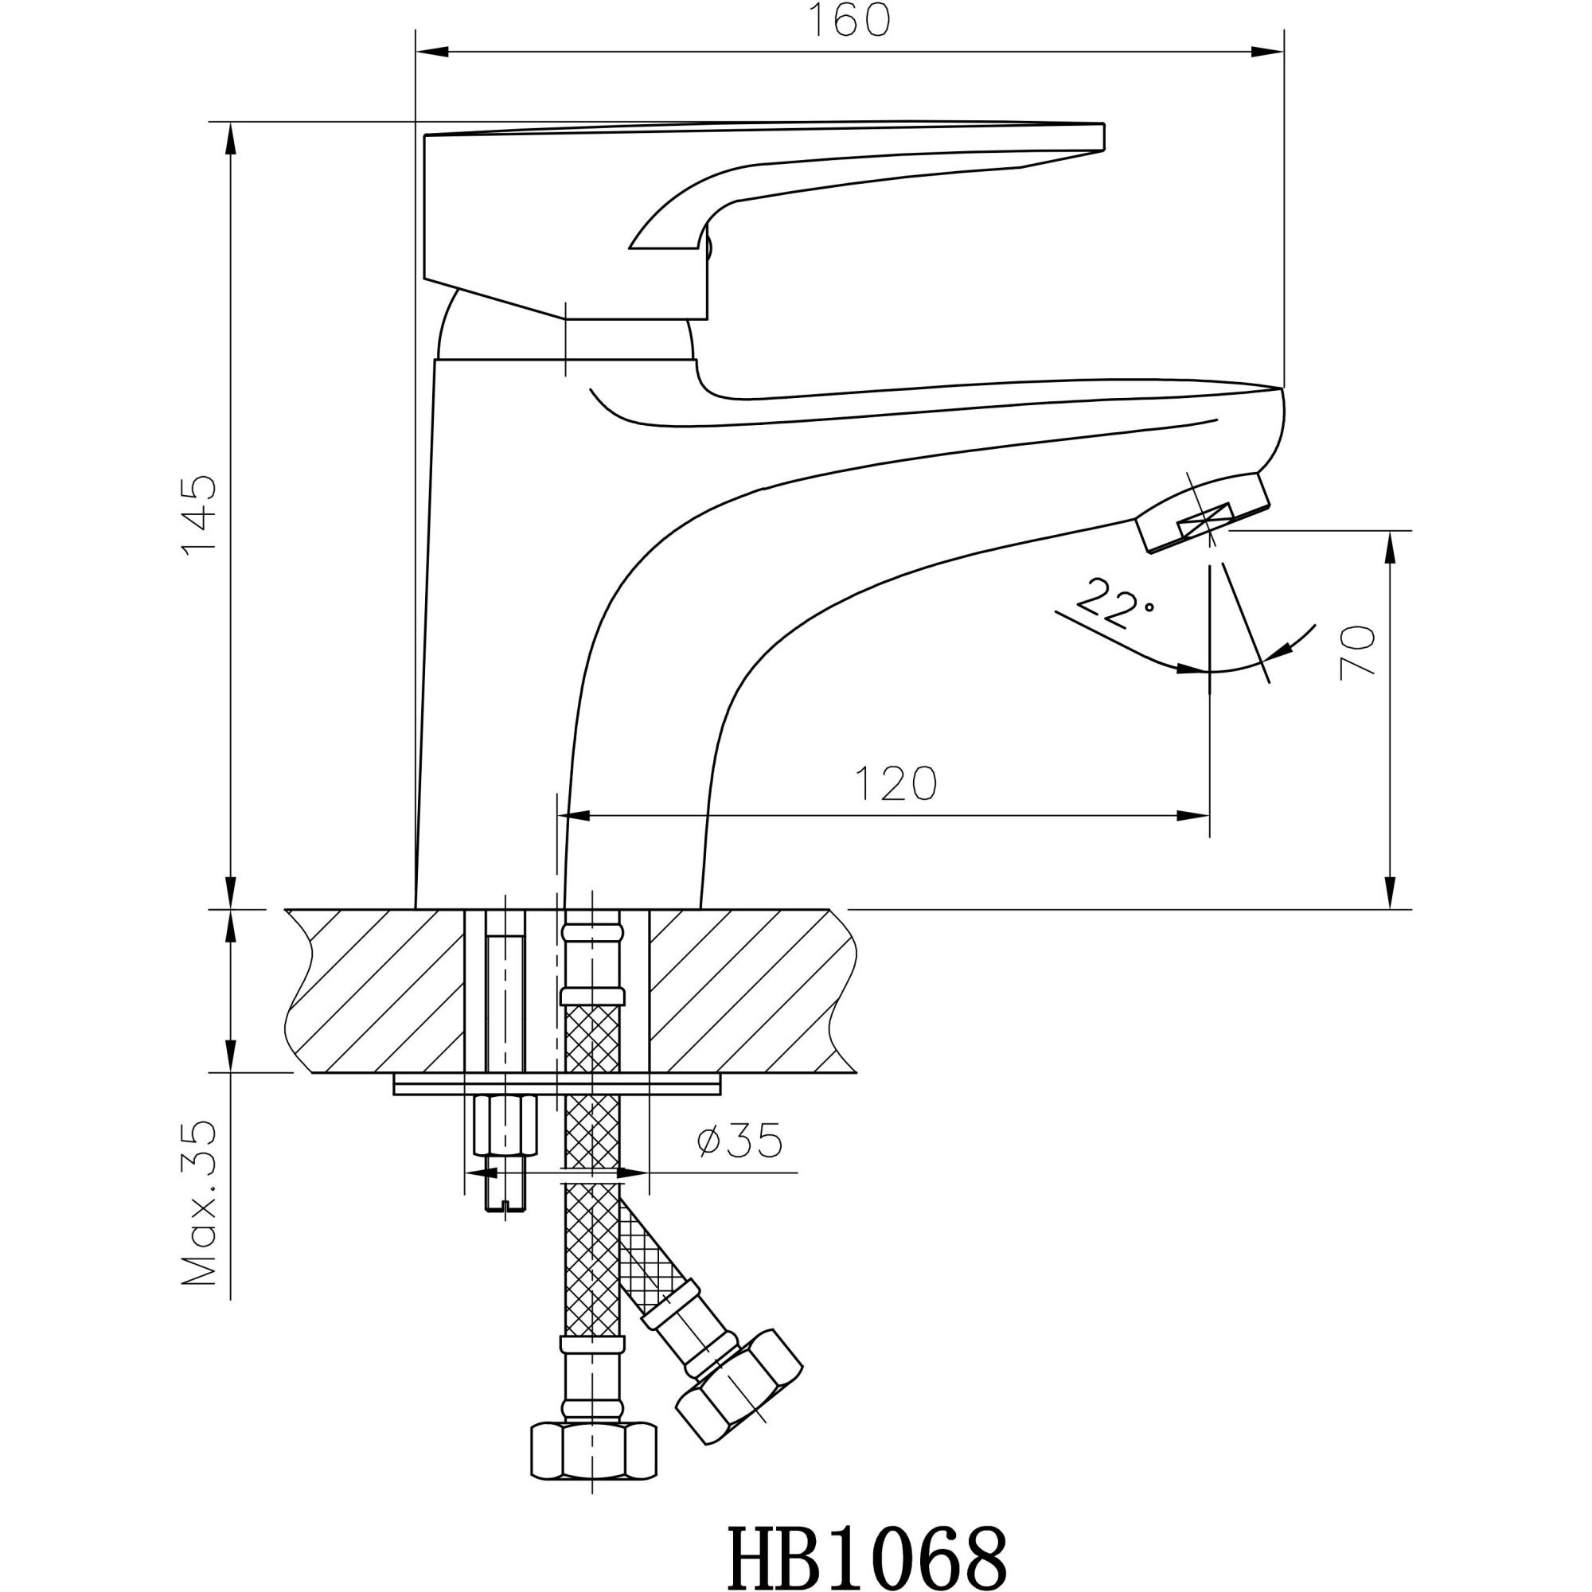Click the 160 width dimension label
tap(849, 21)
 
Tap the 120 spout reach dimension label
tap(895, 783)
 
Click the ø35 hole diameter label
tap(739, 1142)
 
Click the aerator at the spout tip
tap(1203, 514)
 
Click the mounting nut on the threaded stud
tap(505, 1126)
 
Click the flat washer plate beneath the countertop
tap(557, 1083)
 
